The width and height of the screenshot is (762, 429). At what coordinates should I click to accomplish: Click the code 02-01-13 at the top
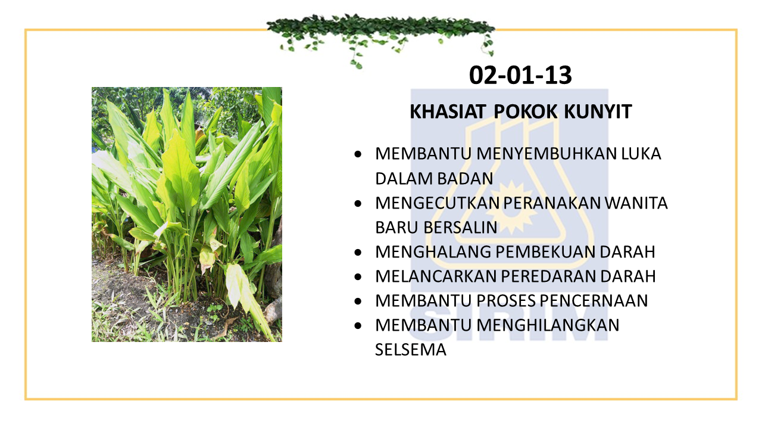coord(520,75)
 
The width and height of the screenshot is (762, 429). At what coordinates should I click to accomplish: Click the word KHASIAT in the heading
coord(447,111)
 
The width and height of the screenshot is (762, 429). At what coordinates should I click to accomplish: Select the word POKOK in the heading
coord(525,111)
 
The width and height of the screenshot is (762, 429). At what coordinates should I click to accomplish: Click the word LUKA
coord(641,154)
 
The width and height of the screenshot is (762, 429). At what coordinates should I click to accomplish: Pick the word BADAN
coord(465,178)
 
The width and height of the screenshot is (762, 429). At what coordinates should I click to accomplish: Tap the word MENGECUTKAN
coord(437,203)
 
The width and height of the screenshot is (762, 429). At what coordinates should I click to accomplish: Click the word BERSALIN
coord(460,228)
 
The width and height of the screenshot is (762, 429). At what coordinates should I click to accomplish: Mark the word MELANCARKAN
coord(436,276)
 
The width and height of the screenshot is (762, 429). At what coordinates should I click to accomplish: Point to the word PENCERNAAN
coord(594,301)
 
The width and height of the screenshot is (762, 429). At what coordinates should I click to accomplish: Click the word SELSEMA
coord(411,350)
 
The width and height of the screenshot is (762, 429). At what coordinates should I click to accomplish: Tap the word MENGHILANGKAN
coord(548,325)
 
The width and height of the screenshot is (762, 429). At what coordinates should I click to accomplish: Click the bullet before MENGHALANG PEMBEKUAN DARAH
coord(358,253)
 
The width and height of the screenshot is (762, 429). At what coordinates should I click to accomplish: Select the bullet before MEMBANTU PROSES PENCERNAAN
coord(358,301)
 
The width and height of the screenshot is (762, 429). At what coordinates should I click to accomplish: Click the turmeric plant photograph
coord(187,214)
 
